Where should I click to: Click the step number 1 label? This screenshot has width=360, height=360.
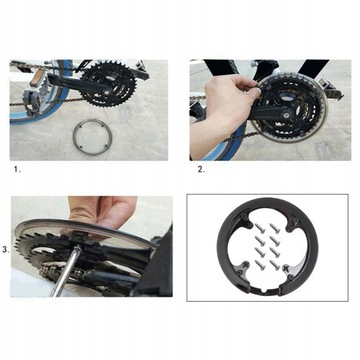(16, 170)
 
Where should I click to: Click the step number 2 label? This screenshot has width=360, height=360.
(200, 170)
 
